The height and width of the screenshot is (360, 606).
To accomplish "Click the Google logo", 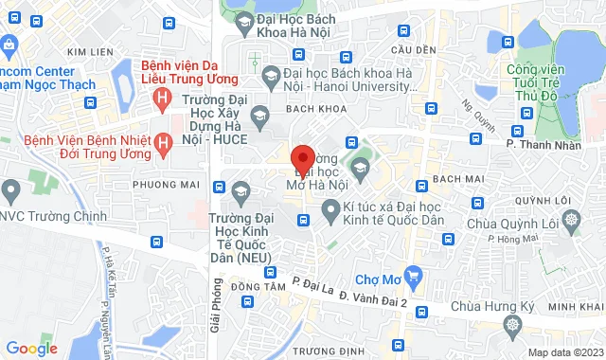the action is pyautogui.click(x=31, y=348).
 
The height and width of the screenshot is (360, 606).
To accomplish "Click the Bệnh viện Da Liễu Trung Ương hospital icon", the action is pyautogui.click(x=163, y=96).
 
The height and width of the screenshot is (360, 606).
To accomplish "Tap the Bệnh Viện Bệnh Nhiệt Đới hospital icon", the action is pyautogui.click(x=163, y=142).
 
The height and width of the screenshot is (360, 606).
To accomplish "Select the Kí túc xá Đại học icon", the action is pyautogui.click(x=330, y=214).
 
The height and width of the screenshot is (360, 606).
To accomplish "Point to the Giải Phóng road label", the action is pyautogui.click(x=216, y=309).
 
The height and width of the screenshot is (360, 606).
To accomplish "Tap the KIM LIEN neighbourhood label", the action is pyautogui.click(x=91, y=51).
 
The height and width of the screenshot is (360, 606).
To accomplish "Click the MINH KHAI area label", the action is pyautogui.click(x=575, y=307).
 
